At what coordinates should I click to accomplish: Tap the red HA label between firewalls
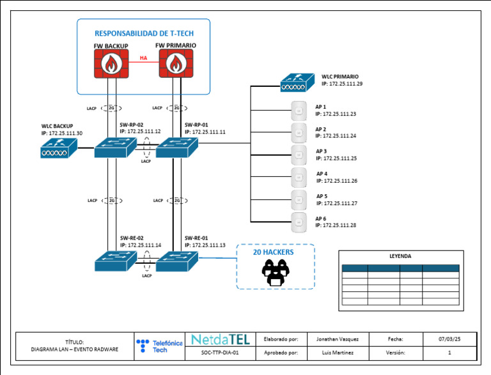(143, 58)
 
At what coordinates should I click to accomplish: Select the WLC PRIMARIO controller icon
(297, 81)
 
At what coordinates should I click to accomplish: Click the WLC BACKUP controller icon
(58, 149)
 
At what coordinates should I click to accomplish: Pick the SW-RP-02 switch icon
(116, 148)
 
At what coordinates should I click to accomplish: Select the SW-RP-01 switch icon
(178, 148)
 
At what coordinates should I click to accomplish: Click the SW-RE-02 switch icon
(116, 261)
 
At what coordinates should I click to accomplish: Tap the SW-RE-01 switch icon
(178, 261)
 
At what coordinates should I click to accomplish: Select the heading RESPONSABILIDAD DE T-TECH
(144, 33)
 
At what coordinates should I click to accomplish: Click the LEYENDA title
(400, 256)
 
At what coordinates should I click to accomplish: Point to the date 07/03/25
(449, 339)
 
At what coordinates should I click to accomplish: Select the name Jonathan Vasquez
(338, 339)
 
